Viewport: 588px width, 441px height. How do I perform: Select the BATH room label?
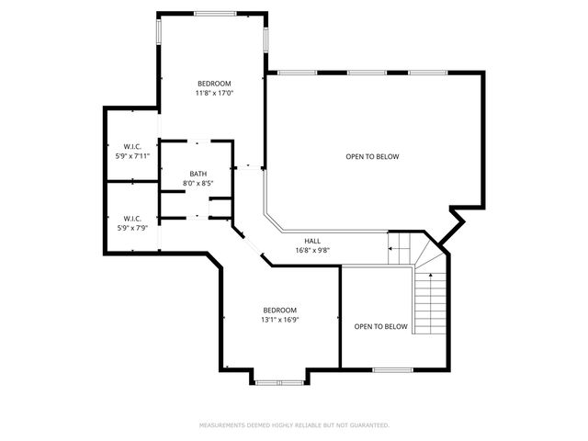pyautogui.click(x=198, y=174)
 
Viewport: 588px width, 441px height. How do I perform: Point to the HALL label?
pyautogui.click(x=312, y=241)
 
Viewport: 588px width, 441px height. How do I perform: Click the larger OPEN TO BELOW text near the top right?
pyautogui.click(x=372, y=156)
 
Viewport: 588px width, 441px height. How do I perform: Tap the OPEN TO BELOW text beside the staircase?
pyautogui.click(x=380, y=326)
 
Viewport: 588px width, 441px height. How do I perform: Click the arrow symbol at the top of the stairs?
pyautogui.click(x=396, y=247)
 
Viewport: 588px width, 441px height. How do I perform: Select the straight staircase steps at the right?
pyautogui.click(x=428, y=303)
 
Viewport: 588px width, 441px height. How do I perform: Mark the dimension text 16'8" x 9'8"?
pyautogui.click(x=312, y=250)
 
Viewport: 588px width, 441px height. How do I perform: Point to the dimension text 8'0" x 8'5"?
pyautogui.click(x=198, y=184)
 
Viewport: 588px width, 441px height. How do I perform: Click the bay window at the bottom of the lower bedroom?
pyautogui.click(x=279, y=380)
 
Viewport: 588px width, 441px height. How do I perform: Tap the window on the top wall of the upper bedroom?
pyautogui.click(x=213, y=14)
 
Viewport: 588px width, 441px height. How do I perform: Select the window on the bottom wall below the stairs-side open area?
pyautogui.click(x=392, y=370)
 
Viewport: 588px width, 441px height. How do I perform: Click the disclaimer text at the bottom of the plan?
pyautogui.click(x=294, y=425)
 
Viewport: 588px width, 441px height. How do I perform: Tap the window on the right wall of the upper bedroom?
pyautogui.click(x=266, y=38)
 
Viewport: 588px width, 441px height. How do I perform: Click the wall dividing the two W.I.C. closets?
pyautogui.click(x=130, y=182)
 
